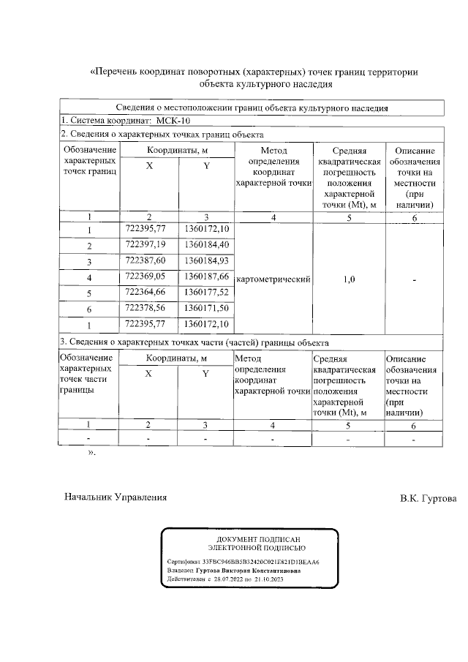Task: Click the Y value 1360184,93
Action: pos(207,261)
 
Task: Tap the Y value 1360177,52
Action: pos(207,293)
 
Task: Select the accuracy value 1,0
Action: pos(349,279)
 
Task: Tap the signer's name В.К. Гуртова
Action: pos(427,498)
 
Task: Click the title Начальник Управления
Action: pos(116,497)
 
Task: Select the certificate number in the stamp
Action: pos(263,562)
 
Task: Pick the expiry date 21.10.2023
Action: pos(267,579)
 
